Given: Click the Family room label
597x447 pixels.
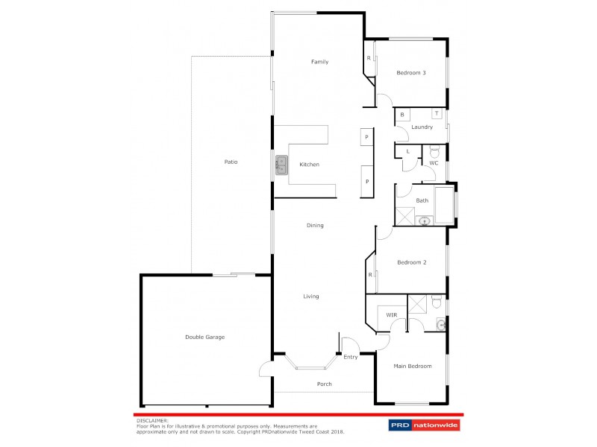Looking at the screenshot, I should point(319,62).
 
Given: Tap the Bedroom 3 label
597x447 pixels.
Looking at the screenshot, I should point(411,72).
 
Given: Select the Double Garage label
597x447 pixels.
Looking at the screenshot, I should point(204,337).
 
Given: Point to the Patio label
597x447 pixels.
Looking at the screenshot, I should point(231,162).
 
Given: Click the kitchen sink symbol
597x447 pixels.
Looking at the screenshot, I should point(281,165).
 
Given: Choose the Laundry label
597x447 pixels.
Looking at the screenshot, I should point(422,127).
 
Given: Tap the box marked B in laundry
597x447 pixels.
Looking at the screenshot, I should point(402,115).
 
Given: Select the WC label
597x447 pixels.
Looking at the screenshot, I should point(433,162).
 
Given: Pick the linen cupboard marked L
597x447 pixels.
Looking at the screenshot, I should point(407,151).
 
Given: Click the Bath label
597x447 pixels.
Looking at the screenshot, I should point(422,200).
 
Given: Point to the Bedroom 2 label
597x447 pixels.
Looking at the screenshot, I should point(411,262).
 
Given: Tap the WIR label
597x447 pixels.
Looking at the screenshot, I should point(391,315).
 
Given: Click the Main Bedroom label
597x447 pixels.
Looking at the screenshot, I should point(413,366).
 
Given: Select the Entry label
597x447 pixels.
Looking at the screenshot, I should point(350,357).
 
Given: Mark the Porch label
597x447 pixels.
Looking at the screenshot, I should point(323,384).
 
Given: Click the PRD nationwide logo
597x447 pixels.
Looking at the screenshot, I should point(424,425).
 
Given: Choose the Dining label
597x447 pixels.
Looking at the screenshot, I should point(314,225).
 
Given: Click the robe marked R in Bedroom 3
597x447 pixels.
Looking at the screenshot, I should point(369,57).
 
